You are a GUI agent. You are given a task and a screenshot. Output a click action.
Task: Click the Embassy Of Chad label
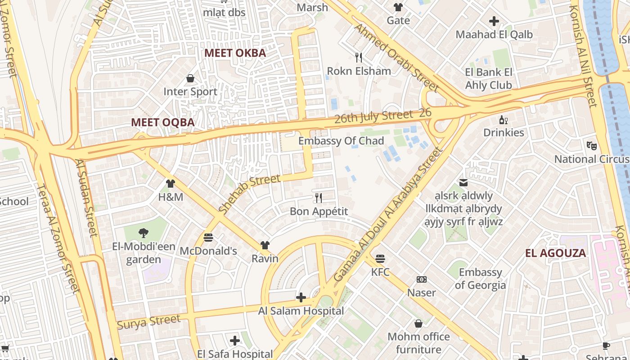point(341,141)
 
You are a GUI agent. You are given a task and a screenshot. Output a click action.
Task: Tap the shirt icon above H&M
point(171,183)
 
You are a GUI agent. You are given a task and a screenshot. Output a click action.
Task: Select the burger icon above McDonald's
point(208,237)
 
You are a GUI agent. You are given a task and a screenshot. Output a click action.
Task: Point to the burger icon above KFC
point(380,258)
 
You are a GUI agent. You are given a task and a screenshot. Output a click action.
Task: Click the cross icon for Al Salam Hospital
point(301,297)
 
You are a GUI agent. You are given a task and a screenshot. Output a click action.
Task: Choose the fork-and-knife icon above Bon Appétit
point(319,198)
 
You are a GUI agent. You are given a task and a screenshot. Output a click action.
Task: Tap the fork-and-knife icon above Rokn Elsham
point(359,57)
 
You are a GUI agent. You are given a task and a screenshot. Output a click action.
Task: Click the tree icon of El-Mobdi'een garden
point(143,233)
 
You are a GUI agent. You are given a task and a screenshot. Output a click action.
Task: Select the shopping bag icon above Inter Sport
point(190,78)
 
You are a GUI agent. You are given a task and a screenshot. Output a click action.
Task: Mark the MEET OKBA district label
point(235,53)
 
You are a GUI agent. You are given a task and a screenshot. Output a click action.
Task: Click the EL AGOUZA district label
point(556,253)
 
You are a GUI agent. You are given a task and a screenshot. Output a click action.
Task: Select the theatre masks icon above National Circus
point(591,145)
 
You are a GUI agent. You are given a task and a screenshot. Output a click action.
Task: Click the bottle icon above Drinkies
point(504,119)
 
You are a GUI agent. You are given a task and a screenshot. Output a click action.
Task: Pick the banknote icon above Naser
point(422,279)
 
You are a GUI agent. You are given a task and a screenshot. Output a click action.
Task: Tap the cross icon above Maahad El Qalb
point(494,21)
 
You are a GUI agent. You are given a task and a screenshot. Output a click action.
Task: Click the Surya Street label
point(148,322)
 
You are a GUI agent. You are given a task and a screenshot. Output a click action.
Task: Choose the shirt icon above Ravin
point(265,245)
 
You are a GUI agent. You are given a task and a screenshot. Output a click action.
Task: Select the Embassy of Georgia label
point(480,279)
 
